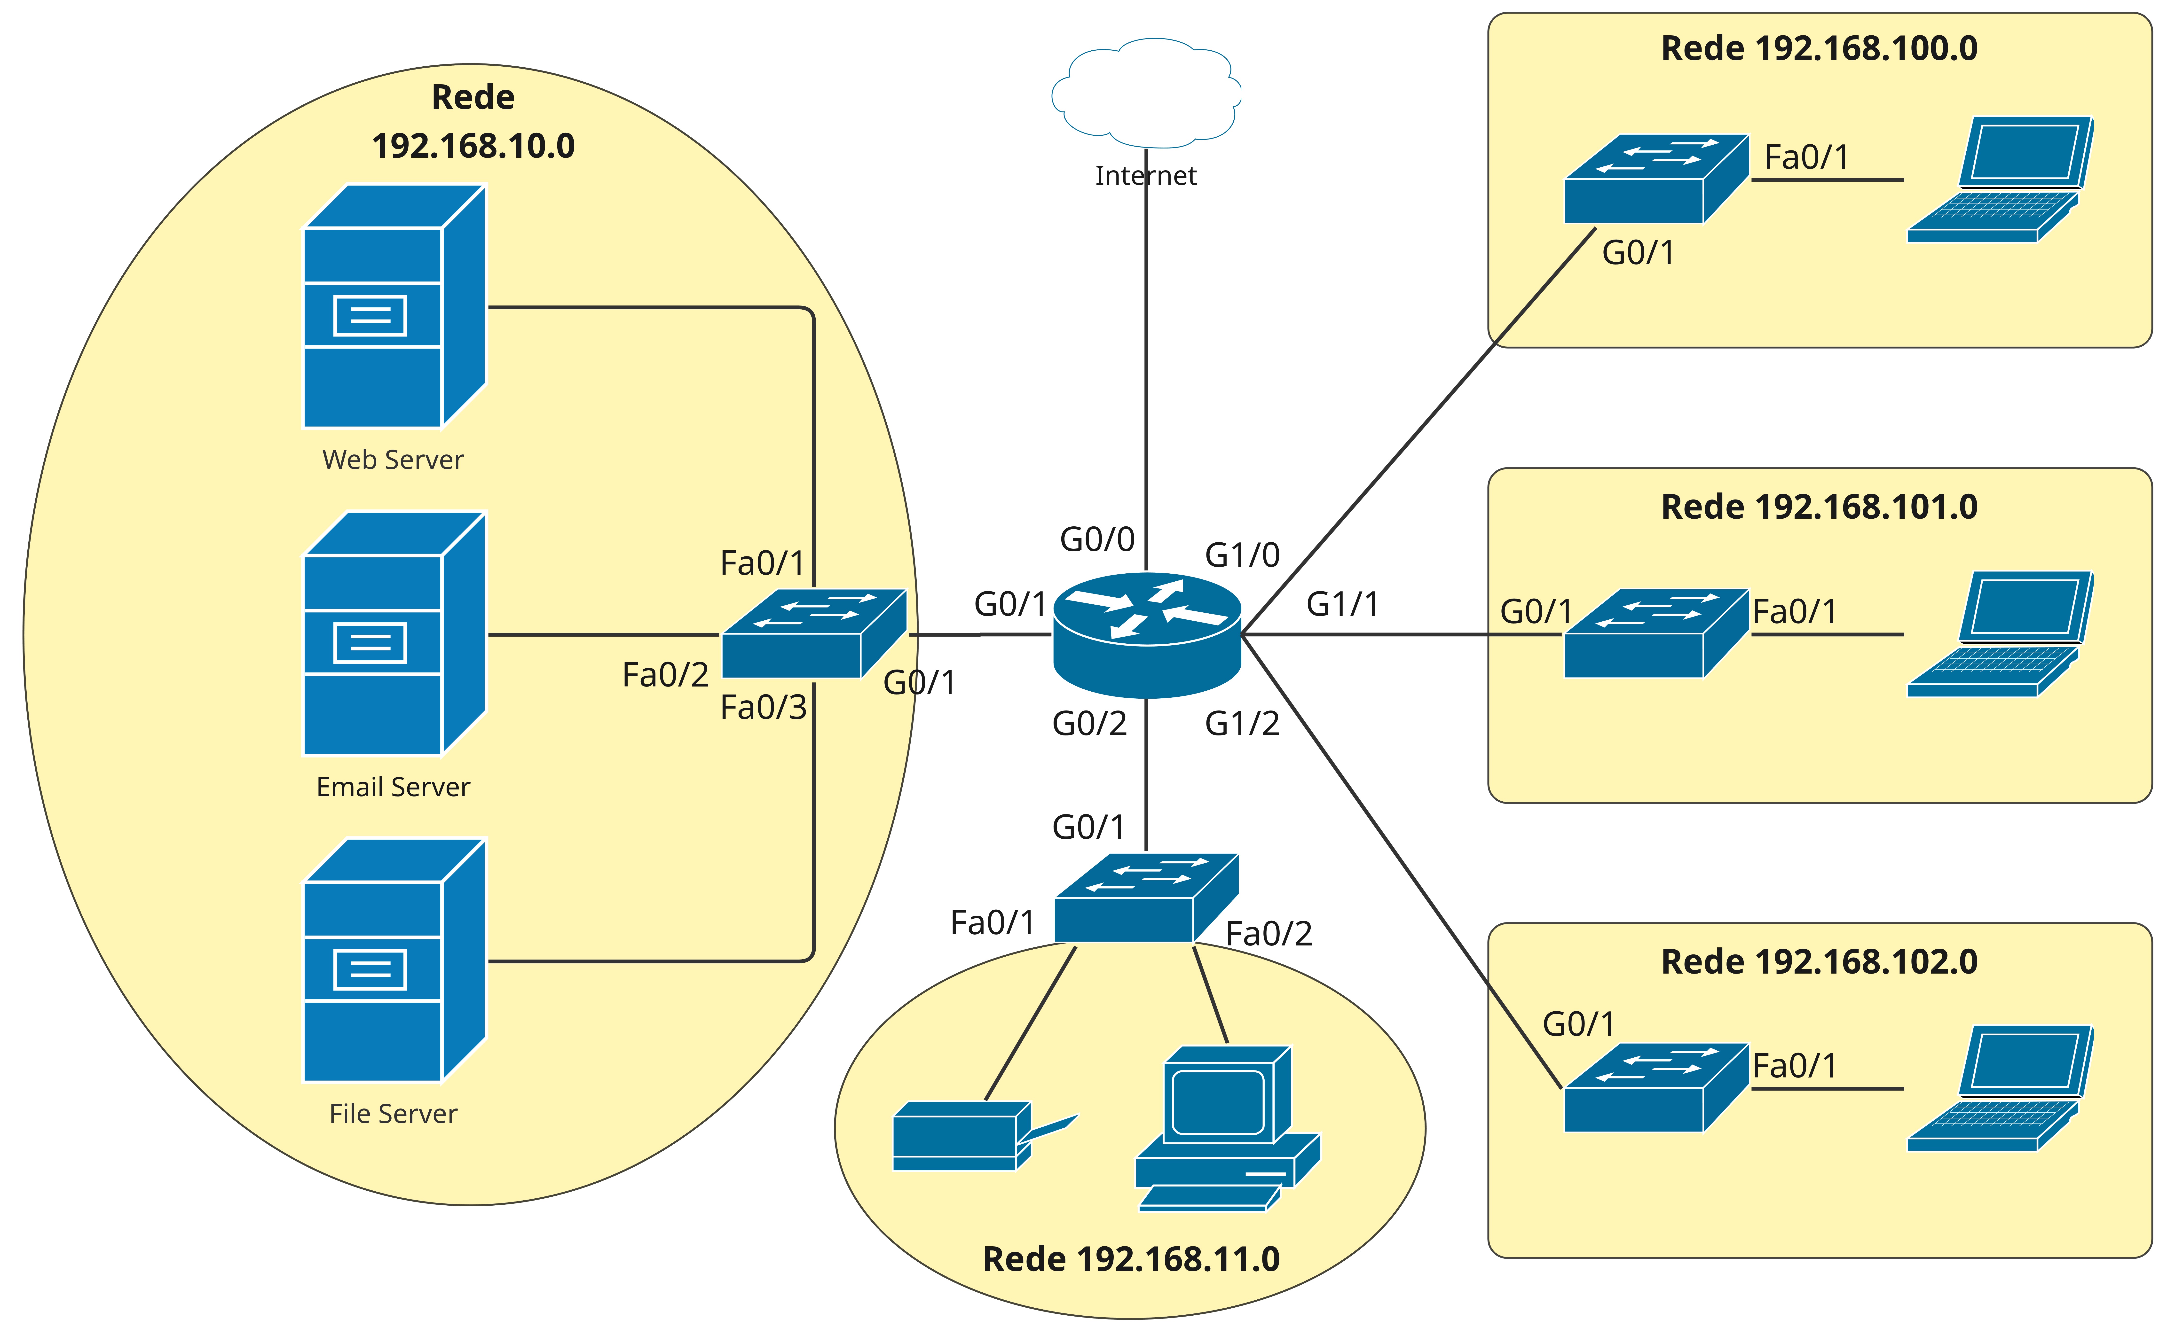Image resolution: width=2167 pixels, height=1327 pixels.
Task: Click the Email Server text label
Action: point(393,787)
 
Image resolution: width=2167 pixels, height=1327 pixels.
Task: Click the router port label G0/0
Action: point(1097,539)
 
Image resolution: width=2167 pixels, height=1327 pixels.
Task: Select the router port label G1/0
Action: point(1242,555)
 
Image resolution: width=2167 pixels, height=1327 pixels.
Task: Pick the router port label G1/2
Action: point(1242,724)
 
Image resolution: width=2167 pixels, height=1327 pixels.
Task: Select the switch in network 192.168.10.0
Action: point(813,633)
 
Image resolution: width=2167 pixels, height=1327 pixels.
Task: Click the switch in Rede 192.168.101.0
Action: point(1656,633)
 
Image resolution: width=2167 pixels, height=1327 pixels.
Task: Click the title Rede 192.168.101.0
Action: point(1819,507)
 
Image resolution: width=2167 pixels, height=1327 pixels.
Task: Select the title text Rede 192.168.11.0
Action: point(1131,1259)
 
